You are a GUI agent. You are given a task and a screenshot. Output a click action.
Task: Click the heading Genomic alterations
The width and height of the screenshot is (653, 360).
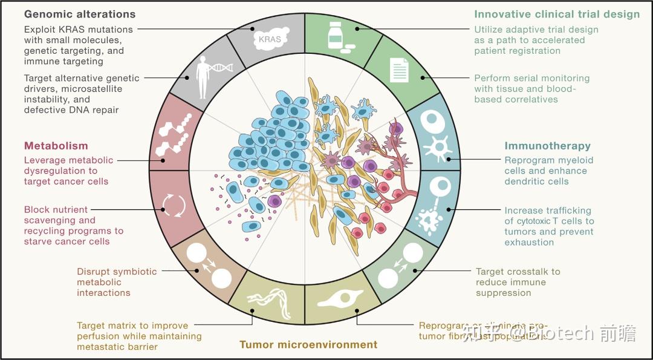pyautogui.click(x=80, y=14)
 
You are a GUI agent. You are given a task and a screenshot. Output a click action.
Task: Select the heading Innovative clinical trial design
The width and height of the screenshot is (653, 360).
pyautogui.click(x=556, y=15)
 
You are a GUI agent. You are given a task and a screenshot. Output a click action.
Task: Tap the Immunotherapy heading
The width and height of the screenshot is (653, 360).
pyautogui.click(x=547, y=146)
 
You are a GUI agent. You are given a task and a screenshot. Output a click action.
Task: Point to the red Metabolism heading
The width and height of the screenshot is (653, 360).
pyautogui.click(x=56, y=146)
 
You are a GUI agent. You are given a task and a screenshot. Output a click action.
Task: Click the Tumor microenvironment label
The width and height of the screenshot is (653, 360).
pyautogui.click(x=308, y=345)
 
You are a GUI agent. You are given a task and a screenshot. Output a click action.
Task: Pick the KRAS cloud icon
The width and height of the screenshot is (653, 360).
pyautogui.click(x=270, y=38)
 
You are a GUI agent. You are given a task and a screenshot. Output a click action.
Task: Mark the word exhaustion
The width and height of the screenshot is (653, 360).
pyautogui.click(x=529, y=243)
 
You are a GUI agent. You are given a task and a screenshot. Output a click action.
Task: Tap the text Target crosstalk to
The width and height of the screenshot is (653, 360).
pyautogui.click(x=518, y=272)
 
